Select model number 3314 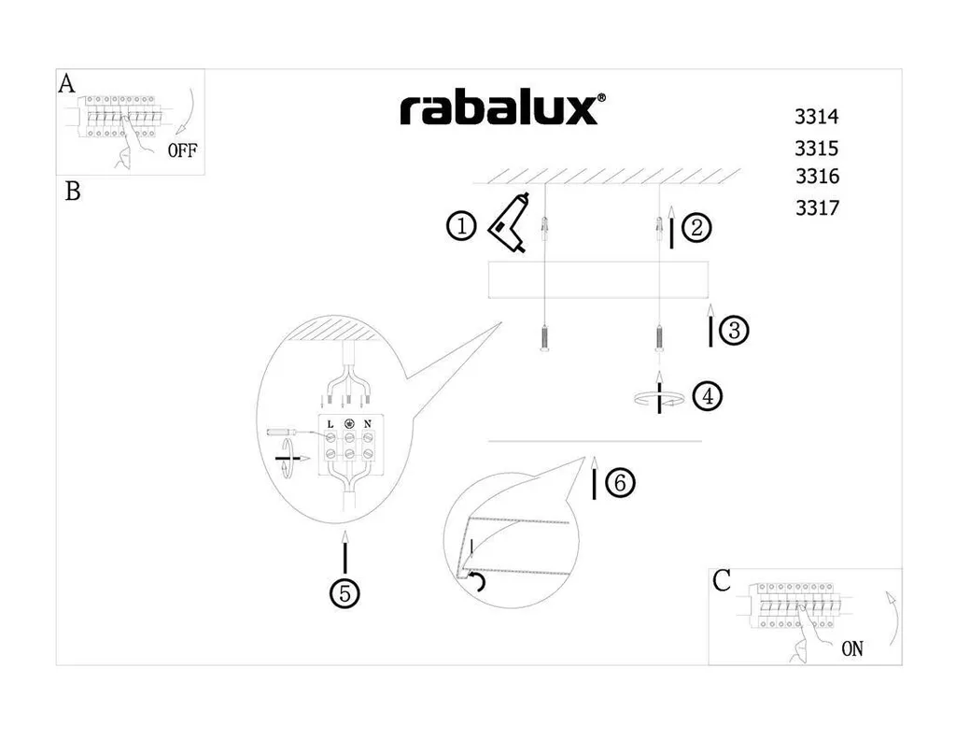[x=817, y=118]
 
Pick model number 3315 [x=817, y=148]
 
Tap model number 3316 [x=818, y=177]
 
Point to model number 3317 [x=818, y=208]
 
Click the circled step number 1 [x=461, y=226]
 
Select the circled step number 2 [x=696, y=228]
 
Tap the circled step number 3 [x=734, y=330]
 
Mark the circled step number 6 [x=620, y=483]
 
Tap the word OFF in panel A [x=183, y=151]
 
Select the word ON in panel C [x=852, y=648]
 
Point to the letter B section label [x=73, y=192]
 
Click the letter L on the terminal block [x=330, y=424]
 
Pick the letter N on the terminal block [x=368, y=424]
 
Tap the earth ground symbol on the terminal [x=349, y=424]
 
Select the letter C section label [x=722, y=581]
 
